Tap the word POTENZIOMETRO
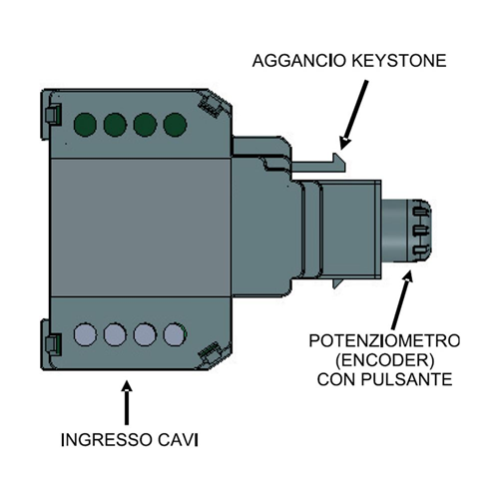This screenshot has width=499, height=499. coord(384,341)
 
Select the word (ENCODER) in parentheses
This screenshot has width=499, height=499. coord(385,360)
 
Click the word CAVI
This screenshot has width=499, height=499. coord(178,440)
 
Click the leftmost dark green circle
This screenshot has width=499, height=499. coord(85,125)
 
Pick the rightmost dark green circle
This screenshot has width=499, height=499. coord(175,125)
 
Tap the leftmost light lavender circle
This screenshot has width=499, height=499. coord(85,334)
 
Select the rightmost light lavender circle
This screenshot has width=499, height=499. coord(175,334)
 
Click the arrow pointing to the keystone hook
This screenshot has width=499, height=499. coord(353,114)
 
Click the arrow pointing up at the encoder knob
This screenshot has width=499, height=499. coord(402,299)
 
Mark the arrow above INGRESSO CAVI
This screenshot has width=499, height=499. coord(127,402)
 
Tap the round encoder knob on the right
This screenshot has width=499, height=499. coord(406,231)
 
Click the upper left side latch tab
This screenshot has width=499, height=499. coord(53,115)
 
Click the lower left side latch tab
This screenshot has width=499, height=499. coord(53,343)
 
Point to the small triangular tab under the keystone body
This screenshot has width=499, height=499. coord(337,283)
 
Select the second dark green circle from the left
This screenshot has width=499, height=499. coord(115,125)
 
